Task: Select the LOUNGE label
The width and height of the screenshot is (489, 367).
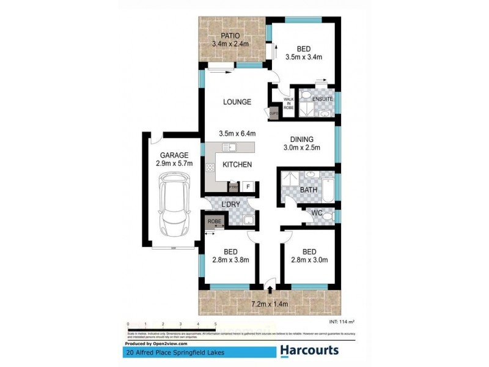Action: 237,102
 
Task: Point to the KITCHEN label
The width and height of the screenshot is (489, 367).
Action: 237,165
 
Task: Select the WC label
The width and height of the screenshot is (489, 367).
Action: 317,213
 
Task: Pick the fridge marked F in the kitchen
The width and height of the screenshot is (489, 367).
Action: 248,187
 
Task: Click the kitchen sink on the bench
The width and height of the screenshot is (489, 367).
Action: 230,147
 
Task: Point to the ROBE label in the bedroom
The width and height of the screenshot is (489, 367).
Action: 214,221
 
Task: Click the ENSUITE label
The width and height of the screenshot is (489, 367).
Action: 322,98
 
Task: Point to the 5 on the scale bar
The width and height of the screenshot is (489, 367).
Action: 216,324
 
